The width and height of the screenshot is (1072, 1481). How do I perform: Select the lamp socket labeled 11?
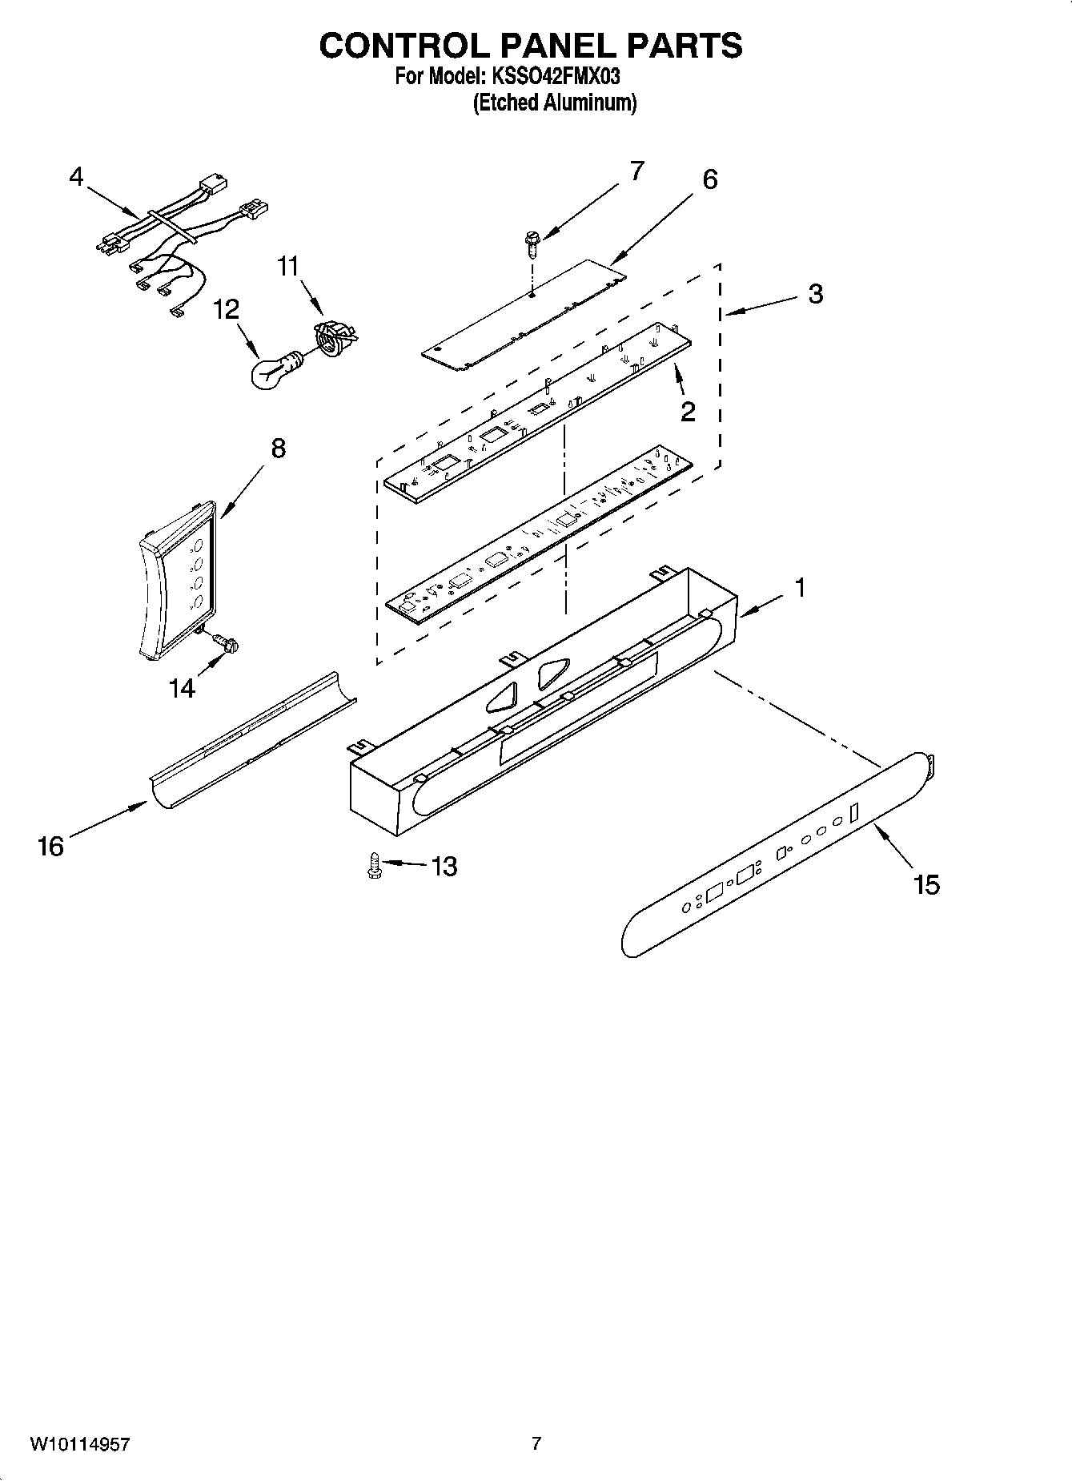pos(335,336)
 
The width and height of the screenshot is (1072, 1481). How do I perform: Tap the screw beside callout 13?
pos(373,866)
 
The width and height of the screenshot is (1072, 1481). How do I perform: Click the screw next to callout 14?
pos(225,642)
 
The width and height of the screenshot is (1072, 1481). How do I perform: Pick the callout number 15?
pos(925,885)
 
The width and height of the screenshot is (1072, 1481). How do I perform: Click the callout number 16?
pos(50,846)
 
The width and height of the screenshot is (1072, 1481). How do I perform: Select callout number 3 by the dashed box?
pos(815,294)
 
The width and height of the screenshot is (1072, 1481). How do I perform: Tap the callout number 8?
pos(277,449)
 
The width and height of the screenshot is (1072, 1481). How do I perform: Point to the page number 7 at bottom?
pos(536,1443)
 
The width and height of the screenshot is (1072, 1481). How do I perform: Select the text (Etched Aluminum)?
pos(555,103)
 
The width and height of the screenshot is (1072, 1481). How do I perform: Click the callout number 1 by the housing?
pos(799,589)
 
